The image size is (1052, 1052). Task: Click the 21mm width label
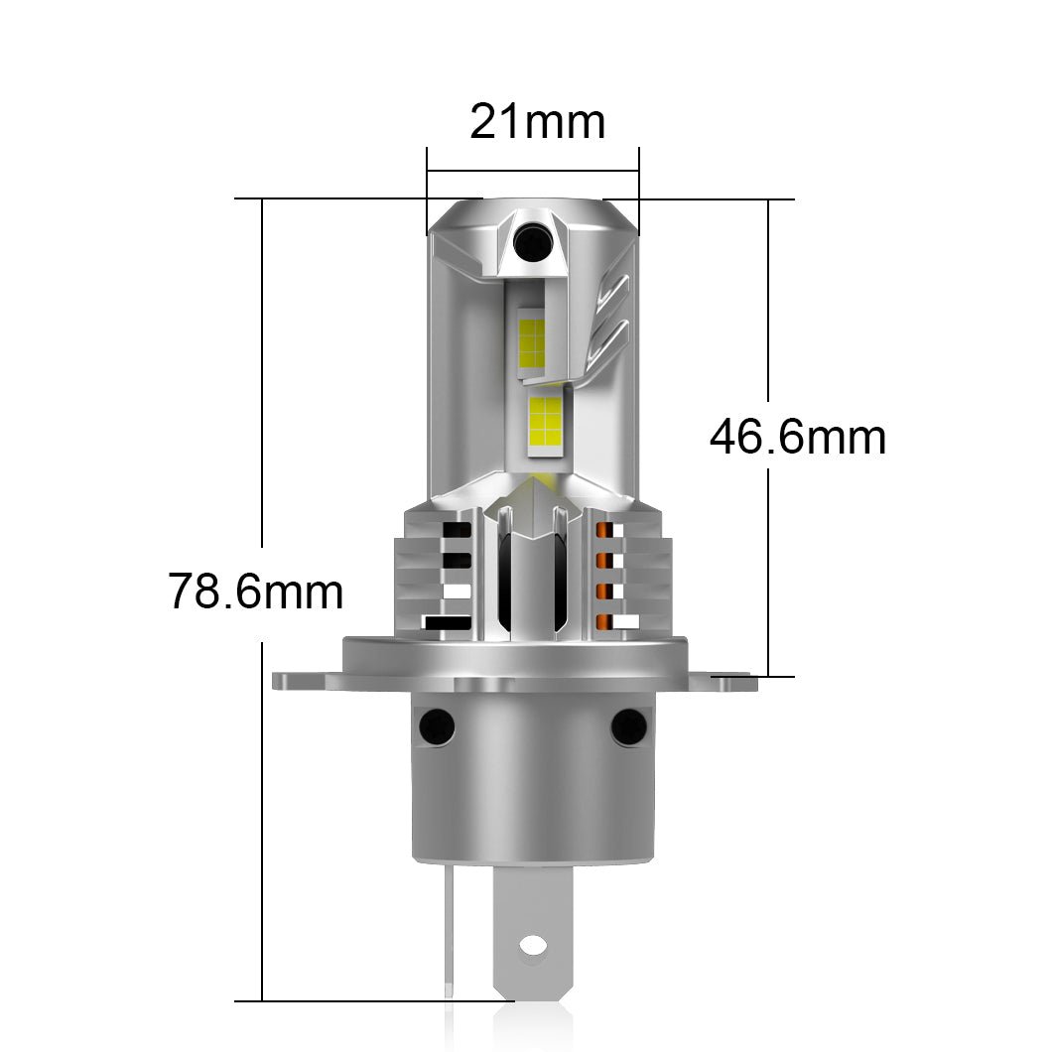point(537,123)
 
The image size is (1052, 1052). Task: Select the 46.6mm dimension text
point(797,438)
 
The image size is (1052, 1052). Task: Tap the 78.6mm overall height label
point(255,592)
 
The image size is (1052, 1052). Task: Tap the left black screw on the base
point(436,726)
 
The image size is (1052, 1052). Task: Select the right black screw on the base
point(628,726)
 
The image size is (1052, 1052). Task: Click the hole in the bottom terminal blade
point(534,944)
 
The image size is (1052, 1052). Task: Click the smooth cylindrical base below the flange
point(533,794)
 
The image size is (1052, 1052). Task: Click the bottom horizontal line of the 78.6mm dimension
point(377,1001)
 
